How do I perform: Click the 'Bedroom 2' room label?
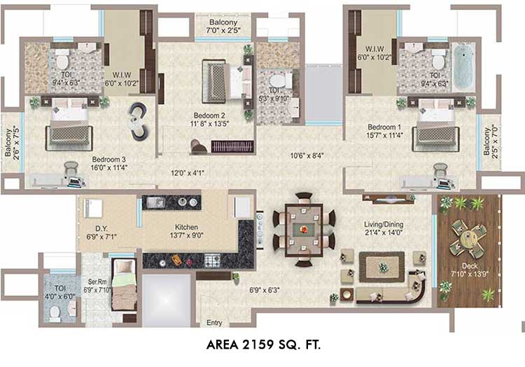pos(209,116)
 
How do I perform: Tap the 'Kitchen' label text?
pos(186,227)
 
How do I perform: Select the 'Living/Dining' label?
pos(384,224)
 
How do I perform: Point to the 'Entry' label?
pos(214,322)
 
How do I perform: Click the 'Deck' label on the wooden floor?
pos(470,266)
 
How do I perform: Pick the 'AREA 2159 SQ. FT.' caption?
pos(263,345)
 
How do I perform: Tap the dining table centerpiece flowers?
pos(304,230)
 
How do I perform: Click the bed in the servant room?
pos(124,284)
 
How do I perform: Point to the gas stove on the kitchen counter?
pos(212,260)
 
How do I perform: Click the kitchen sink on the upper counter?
pos(155,202)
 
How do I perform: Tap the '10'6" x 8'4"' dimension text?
pos(307,155)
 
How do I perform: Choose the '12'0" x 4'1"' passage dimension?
pos(188,173)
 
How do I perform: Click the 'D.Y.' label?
pos(101,229)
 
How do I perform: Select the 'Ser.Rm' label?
pos(97,282)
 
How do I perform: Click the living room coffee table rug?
pos(381,268)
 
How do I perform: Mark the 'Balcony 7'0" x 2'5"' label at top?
pos(223,27)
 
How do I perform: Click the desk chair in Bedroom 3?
pos(71,168)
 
